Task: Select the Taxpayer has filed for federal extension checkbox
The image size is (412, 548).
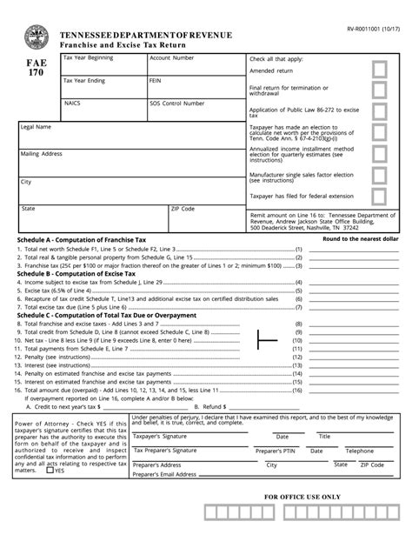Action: coord(379,197)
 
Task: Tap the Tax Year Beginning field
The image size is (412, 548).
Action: coord(102,66)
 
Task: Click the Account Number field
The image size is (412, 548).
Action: coord(193,66)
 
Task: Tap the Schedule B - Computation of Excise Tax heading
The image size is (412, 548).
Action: coord(76,273)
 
